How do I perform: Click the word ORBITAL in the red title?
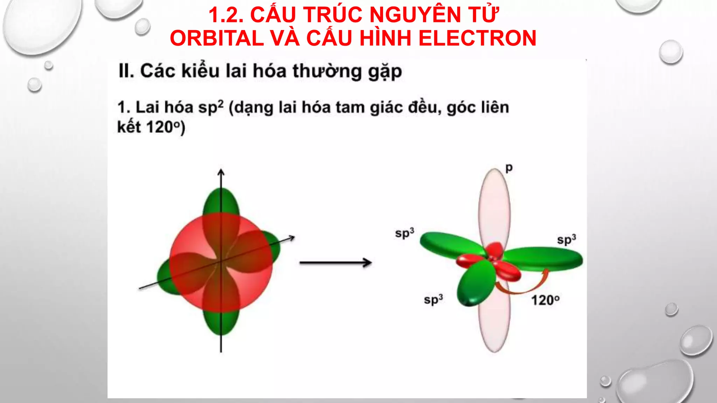click(217, 38)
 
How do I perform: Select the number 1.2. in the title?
click(226, 15)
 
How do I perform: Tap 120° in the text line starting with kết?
click(164, 127)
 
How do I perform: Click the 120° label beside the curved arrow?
click(545, 300)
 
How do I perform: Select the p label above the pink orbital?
click(509, 168)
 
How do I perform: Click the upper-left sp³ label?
click(405, 233)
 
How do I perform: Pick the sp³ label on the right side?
click(566, 240)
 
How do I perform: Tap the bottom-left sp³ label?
click(433, 299)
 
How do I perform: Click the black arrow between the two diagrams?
click(335, 263)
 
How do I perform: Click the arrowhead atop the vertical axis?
click(221, 172)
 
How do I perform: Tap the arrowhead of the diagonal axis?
click(292, 238)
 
